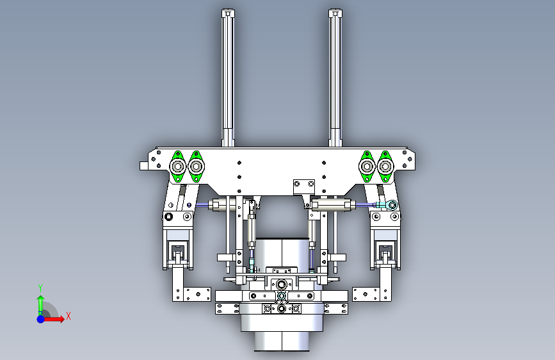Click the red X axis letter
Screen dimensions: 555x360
[x=68, y=316]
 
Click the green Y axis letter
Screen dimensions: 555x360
[x=40, y=288]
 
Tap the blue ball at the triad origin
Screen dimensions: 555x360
[x=41, y=319]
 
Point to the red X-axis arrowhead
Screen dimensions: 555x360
[x=61, y=319]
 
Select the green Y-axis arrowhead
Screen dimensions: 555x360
[x=41, y=299]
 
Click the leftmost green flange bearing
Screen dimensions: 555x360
[x=178, y=166]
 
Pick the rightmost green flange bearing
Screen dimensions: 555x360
[x=385, y=166]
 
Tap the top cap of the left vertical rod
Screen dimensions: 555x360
[x=229, y=13]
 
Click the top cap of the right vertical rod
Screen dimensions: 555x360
[x=335, y=13]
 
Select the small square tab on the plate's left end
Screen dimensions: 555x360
[x=143, y=166]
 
